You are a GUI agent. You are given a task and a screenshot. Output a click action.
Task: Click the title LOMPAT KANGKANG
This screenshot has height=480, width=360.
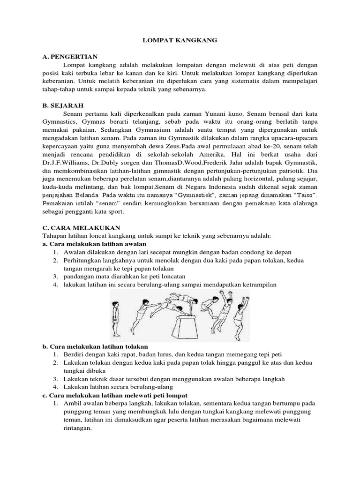180,41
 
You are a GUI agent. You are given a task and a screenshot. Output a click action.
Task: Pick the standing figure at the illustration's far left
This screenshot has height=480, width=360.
116,319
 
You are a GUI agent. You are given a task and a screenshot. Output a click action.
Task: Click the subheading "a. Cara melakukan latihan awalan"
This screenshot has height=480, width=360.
94,244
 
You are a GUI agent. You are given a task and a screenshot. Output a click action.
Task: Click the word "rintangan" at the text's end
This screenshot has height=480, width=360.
77,428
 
